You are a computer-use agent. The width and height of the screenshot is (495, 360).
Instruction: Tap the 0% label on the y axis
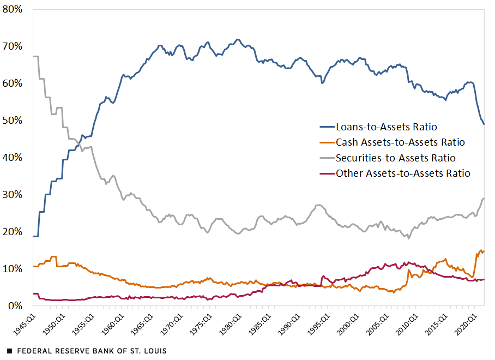tap(15, 306)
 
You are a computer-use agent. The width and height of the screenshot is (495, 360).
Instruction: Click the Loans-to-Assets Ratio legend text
tap(387, 127)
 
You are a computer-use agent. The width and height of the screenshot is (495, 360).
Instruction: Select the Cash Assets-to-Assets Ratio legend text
tap(400, 142)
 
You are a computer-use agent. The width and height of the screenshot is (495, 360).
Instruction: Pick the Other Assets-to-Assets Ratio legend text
tap(403, 173)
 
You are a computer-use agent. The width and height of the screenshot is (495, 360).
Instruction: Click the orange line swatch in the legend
tap(326, 143)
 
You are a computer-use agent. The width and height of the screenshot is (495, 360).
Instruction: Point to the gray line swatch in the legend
tap(326, 159)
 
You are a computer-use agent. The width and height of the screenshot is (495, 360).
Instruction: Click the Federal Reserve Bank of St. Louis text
tap(92, 351)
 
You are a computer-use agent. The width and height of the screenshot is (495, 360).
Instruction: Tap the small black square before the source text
tap(10, 351)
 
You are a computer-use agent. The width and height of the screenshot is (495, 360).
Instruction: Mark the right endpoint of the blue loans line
tap(484, 124)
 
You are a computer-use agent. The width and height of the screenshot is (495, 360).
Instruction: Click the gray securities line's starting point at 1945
tap(34, 56)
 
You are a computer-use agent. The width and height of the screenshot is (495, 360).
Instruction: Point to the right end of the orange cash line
tap(484, 251)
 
